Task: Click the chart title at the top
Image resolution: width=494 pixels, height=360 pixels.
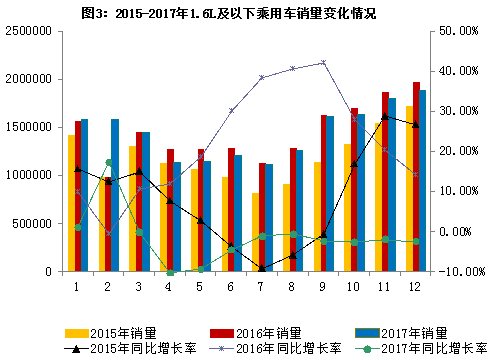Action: pyautogui.click(x=246, y=12)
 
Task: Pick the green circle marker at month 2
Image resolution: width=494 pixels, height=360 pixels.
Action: pyautogui.click(x=108, y=162)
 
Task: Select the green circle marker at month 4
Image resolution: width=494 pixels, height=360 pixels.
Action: pyautogui.click(x=170, y=272)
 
